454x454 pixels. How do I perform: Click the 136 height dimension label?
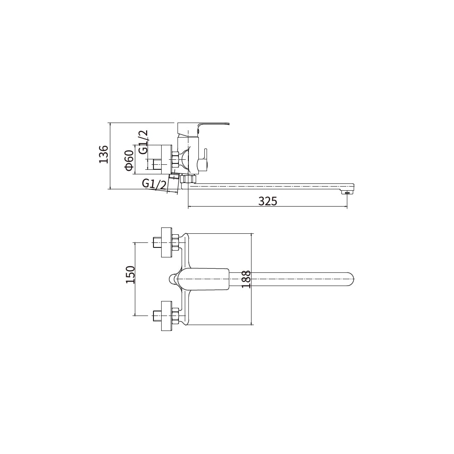104,154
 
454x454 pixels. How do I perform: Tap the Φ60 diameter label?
129,160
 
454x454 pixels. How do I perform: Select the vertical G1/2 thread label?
143,142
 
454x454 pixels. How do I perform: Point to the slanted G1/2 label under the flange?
154,184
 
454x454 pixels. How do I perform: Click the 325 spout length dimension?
267,201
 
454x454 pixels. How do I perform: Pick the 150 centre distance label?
131,275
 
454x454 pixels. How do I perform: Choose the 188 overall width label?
246,279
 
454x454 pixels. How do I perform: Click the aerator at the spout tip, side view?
347,192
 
